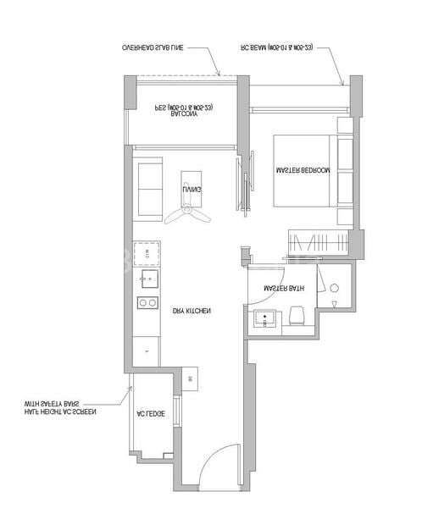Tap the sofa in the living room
(150, 189)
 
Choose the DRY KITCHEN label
(191, 312)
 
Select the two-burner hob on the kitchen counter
(147, 302)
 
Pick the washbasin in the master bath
(265, 319)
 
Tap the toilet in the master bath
(297, 317)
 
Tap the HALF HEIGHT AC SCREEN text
(60, 412)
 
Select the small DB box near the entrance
(189, 379)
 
